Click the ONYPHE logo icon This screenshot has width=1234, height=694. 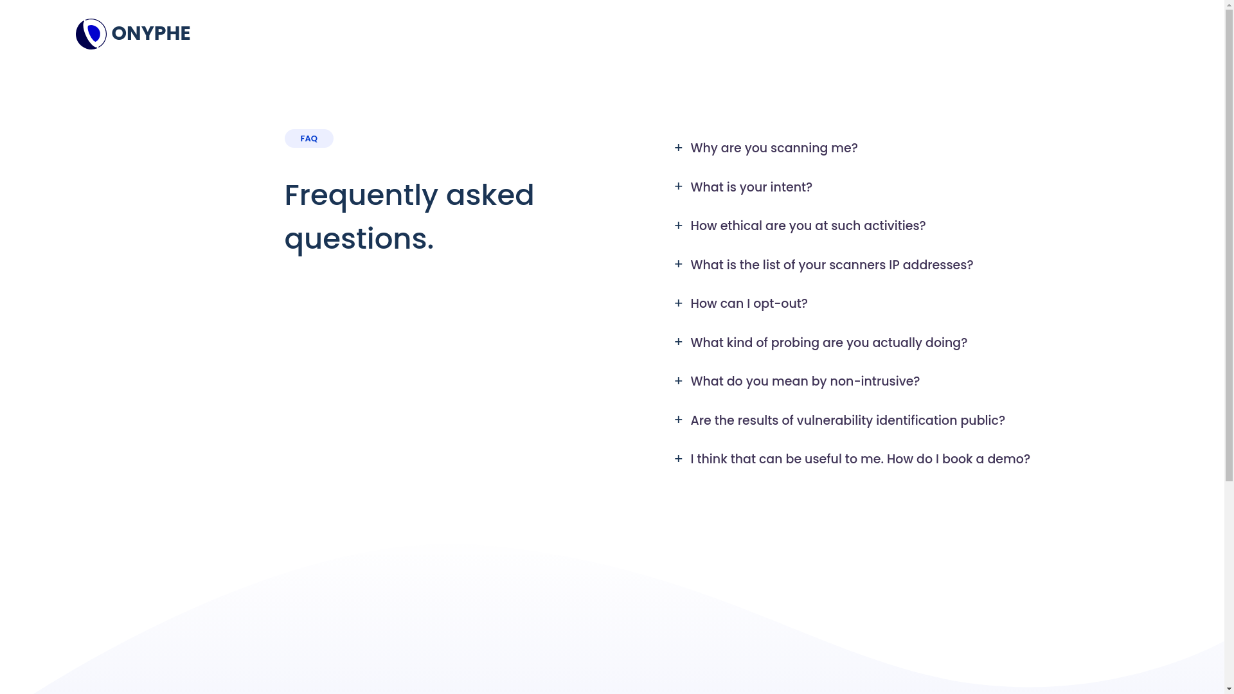pyautogui.click(x=91, y=34)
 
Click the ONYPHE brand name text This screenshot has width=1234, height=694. pyautogui.click(x=151, y=33)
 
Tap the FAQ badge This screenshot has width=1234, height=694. pyautogui.click(x=308, y=139)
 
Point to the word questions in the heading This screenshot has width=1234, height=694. pyautogui.click(x=359, y=240)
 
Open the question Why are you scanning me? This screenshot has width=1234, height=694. pyautogui.click(x=774, y=148)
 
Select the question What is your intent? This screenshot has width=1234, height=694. pyautogui.click(x=751, y=188)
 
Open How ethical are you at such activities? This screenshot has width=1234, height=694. pyautogui.click(x=808, y=226)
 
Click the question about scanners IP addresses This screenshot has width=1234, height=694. pyautogui.click(x=832, y=265)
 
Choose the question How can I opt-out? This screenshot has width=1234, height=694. pyautogui.click(x=749, y=304)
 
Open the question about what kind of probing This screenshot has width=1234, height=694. pyautogui.click(x=828, y=343)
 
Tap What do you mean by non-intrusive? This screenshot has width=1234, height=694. pyautogui.click(x=805, y=382)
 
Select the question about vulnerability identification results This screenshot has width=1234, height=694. pyautogui.click(x=848, y=421)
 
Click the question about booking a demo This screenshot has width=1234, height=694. pyautogui.click(x=860, y=459)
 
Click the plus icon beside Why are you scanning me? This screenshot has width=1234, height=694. pyautogui.click(x=679, y=148)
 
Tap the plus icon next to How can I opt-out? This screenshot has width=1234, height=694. pyautogui.click(x=679, y=303)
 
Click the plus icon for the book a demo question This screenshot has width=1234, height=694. pyautogui.click(x=679, y=459)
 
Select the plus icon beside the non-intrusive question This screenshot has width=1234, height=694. pyautogui.click(x=679, y=381)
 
